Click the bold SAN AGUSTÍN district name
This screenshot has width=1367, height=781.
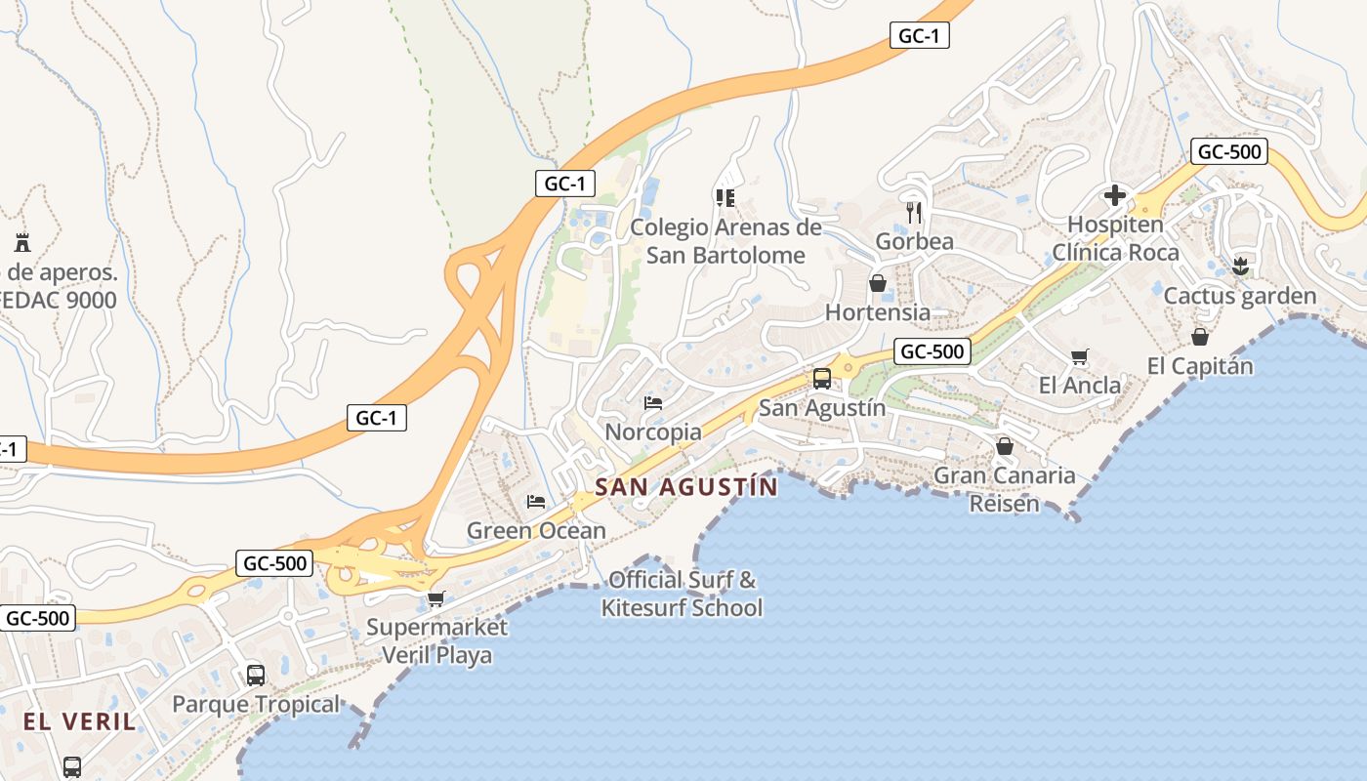point(686,487)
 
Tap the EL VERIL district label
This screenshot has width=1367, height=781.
point(80,721)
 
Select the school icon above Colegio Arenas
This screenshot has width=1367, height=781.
point(725,198)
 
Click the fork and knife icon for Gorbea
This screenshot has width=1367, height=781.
point(914,212)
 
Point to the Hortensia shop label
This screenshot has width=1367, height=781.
point(878,312)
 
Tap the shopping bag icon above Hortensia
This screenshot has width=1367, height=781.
point(878,283)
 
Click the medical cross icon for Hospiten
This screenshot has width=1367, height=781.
point(1115,196)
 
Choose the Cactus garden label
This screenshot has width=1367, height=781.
point(1240,296)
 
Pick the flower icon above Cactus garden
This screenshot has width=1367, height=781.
point(1240,266)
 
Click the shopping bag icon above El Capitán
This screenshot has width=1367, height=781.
point(1200,337)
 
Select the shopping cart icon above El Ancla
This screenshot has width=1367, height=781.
point(1079,356)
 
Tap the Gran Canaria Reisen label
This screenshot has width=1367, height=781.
point(1005,489)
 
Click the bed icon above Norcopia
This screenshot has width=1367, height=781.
point(653,402)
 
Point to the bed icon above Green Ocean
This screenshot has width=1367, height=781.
point(536,502)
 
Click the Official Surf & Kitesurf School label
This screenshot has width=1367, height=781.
point(682,594)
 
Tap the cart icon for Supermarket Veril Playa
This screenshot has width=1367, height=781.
point(435,597)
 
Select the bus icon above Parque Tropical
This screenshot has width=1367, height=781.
point(256,675)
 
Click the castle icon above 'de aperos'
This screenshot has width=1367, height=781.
point(21,242)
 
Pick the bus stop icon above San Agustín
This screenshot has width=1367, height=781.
point(822,378)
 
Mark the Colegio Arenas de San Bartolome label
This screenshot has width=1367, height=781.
point(725,241)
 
